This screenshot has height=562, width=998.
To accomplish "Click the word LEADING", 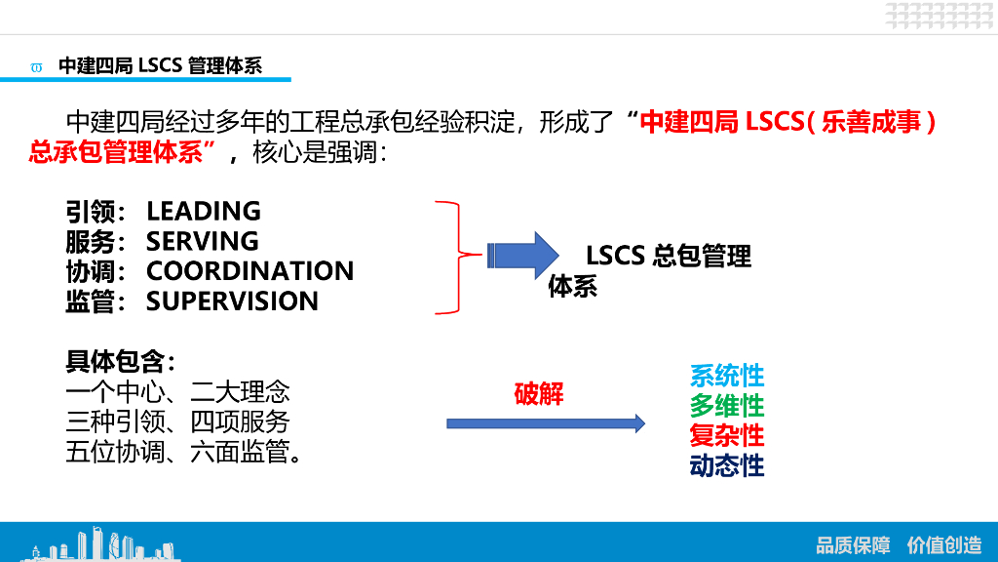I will pos(204,211).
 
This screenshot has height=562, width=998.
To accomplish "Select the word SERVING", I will pos(203,241).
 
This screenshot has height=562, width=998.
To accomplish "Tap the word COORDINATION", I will pos(249,271).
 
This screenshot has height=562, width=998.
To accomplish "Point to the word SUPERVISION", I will pos(232,301).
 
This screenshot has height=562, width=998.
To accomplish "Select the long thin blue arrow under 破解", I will pos(546,423).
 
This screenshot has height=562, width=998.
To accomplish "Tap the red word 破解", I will pos(539,394).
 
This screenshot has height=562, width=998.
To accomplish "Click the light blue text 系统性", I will pos(727,376).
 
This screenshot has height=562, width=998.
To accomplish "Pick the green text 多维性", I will pos(727,405).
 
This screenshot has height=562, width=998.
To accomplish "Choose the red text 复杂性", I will pos(727,435).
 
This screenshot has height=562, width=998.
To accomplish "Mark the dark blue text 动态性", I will pos(727,465).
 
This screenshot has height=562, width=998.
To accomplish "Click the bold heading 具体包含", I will pos(116,362).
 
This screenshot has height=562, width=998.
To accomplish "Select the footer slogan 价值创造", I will pos(943,544).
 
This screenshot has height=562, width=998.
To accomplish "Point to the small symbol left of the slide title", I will pos(37,67).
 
